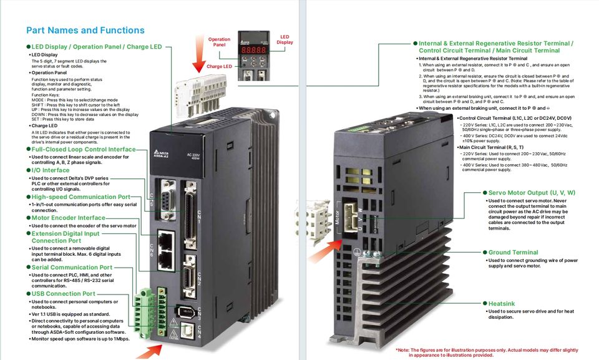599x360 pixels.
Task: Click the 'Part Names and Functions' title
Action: click(x=85, y=30)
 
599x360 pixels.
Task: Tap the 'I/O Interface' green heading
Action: click(x=51, y=170)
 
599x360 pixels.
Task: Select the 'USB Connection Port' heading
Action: click(x=64, y=293)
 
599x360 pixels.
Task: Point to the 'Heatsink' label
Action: click(x=502, y=304)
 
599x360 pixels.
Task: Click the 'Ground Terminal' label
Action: click(x=513, y=253)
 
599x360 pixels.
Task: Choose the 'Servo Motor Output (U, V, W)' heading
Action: click(x=532, y=193)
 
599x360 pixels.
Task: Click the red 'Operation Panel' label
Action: click(x=219, y=42)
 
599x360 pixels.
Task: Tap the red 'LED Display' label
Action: click(x=285, y=39)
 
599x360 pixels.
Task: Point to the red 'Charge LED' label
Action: click(x=219, y=66)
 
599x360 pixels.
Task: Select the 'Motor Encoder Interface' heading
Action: click(x=69, y=218)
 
